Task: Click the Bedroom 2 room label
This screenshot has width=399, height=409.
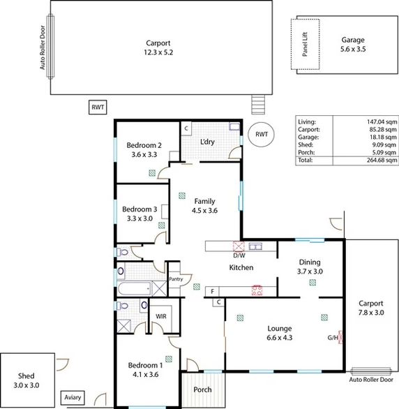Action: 144,145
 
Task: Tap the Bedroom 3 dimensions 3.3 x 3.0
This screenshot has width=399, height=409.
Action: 140,218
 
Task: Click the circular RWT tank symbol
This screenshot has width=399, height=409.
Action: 261,134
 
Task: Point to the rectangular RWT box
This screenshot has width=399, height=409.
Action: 97,107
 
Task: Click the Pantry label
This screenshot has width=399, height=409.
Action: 175,278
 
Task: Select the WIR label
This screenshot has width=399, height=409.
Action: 161,316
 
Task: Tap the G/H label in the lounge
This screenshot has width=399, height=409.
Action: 333,338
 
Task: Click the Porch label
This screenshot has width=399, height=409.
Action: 202,389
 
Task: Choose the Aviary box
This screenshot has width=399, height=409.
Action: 73,398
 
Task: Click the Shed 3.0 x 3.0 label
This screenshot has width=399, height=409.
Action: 27,379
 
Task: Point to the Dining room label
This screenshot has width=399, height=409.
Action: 310,262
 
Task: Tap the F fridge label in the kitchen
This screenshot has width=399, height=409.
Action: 211,290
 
